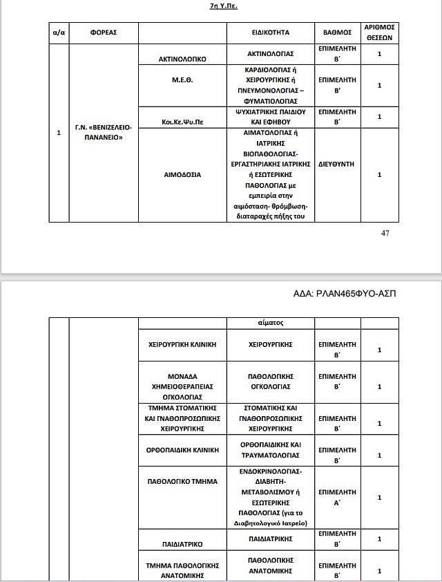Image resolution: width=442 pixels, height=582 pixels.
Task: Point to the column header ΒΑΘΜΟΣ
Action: click(x=338, y=32)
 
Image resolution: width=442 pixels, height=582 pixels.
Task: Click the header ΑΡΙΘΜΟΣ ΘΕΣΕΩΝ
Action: click(x=379, y=32)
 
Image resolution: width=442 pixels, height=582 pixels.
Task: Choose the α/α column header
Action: click(x=59, y=32)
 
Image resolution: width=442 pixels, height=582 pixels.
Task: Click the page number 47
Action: click(x=385, y=232)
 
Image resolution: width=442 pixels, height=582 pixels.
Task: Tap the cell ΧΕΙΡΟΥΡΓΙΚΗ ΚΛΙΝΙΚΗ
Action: click(x=183, y=344)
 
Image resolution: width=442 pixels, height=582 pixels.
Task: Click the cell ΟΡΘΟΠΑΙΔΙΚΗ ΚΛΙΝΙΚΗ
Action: click(x=183, y=449)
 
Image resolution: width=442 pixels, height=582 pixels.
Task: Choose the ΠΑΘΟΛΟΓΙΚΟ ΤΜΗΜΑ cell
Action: click(x=183, y=480)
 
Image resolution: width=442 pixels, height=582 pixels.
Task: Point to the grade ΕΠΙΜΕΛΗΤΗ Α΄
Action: click(x=338, y=498)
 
